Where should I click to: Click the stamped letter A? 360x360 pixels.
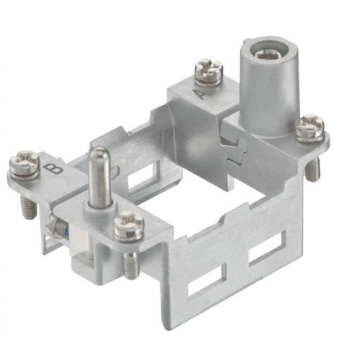tap(200, 95)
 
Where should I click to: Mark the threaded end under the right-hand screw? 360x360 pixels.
tap(313, 169)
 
